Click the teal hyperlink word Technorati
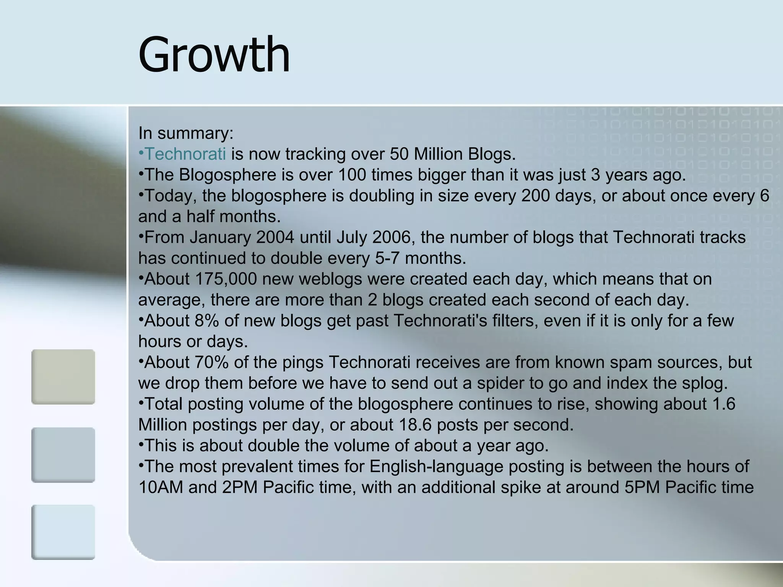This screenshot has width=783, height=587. [x=186, y=154]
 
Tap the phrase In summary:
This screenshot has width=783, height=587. [x=186, y=133]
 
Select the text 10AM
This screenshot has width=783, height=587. [x=161, y=488]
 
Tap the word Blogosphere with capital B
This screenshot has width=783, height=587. [x=227, y=175]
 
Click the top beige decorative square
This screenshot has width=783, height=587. [x=63, y=377]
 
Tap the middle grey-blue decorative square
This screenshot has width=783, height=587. [x=63, y=455]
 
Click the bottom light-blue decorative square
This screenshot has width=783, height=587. [x=63, y=532]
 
